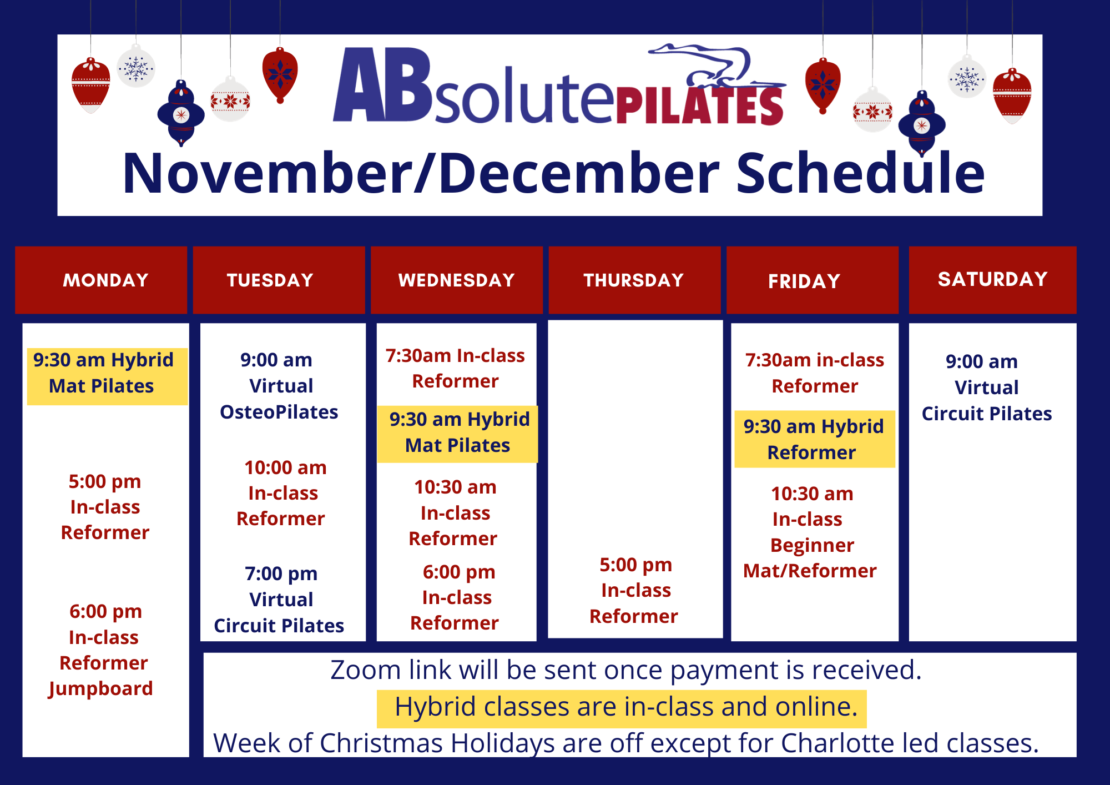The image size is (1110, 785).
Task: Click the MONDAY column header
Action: (x=105, y=280)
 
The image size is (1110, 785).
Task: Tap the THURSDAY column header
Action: (x=634, y=280)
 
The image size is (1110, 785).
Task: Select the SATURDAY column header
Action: (x=993, y=279)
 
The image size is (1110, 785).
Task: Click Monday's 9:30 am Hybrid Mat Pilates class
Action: (x=104, y=373)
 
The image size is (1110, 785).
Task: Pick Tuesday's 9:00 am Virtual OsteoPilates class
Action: (x=279, y=386)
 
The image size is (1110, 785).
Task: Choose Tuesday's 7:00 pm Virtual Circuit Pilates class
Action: (x=279, y=600)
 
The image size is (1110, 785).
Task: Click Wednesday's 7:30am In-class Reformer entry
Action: (x=455, y=368)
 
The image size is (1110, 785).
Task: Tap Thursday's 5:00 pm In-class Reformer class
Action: (x=634, y=590)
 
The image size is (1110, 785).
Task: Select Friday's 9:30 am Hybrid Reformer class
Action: (x=814, y=439)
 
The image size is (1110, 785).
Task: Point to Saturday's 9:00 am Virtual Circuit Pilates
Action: (x=987, y=388)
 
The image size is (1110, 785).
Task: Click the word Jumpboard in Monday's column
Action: (x=100, y=689)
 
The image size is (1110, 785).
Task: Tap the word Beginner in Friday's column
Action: (x=813, y=546)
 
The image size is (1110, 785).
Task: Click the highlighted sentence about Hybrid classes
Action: (x=626, y=707)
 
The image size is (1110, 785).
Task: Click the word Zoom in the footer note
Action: (x=365, y=670)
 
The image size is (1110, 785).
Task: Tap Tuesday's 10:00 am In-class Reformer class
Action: (x=282, y=493)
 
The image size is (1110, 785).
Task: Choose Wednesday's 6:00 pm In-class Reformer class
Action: (x=456, y=597)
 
